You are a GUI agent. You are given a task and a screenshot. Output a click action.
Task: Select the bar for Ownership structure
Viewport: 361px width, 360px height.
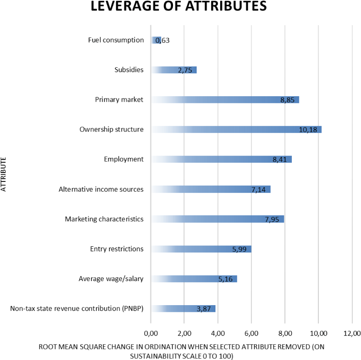click(x=236, y=130)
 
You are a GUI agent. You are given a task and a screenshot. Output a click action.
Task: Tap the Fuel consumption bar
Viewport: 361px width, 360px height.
click(x=156, y=40)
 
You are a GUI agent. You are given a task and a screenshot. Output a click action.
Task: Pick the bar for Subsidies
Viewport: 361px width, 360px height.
click(x=174, y=70)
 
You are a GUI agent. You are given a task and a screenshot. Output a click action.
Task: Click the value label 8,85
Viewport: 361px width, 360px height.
click(x=288, y=100)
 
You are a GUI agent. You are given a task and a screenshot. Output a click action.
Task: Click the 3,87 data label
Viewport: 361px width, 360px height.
click(x=204, y=309)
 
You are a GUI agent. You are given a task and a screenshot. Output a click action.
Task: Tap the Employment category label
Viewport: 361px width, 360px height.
click(x=124, y=159)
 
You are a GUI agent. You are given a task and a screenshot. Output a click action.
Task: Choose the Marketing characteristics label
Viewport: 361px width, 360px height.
click(x=104, y=219)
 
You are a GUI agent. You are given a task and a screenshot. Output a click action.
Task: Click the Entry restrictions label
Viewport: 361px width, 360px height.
click(x=117, y=249)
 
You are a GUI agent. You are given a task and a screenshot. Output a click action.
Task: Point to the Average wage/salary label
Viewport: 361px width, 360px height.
click(x=111, y=279)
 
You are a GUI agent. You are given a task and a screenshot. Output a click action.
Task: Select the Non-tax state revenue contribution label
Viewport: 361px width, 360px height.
click(x=77, y=309)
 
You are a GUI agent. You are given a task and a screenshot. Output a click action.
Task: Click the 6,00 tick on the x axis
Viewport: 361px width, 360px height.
click(x=251, y=333)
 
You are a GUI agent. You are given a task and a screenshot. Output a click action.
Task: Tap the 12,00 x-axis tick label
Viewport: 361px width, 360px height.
click(x=352, y=333)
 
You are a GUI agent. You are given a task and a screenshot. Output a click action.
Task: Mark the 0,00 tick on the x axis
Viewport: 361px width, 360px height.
click(x=151, y=333)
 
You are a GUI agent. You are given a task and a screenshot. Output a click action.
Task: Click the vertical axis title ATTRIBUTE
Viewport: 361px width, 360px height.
click(x=4, y=175)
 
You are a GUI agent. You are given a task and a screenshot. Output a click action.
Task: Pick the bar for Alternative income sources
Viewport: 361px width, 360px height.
click(x=211, y=189)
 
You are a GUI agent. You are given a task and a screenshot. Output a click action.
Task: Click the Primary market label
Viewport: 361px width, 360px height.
click(x=119, y=100)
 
